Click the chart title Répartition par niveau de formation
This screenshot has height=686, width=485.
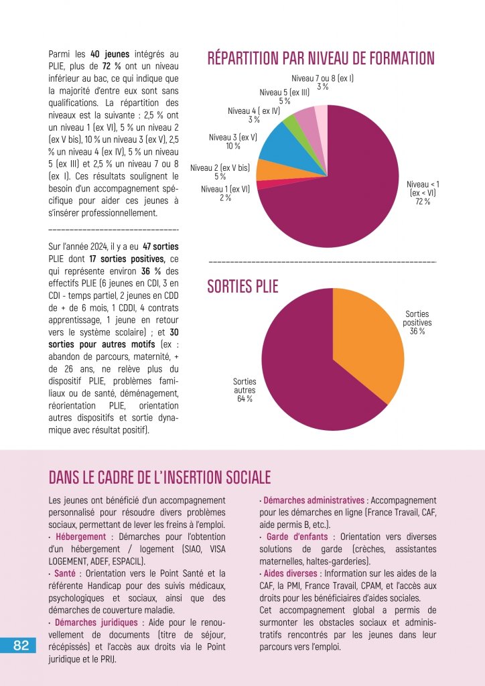click(321, 58)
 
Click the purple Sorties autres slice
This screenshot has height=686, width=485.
click(308, 382)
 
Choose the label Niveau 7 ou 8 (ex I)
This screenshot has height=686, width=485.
click(322, 78)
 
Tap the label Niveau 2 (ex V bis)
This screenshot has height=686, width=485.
click(220, 167)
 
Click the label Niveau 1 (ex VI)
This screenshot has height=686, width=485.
click(225, 189)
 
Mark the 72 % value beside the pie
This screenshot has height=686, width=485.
click(423, 202)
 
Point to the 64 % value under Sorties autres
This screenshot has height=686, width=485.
click(245, 399)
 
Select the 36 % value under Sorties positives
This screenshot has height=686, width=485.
click(417, 331)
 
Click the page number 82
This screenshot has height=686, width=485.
click(21, 645)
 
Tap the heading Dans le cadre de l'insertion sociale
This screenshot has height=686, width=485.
click(159, 477)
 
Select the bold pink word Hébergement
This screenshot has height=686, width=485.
click(80, 537)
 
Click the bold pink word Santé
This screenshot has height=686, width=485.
click(66, 573)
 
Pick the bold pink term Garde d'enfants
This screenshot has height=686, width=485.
click(297, 537)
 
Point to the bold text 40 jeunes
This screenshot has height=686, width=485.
click(109, 54)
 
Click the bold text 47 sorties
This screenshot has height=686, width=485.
click(161, 247)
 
